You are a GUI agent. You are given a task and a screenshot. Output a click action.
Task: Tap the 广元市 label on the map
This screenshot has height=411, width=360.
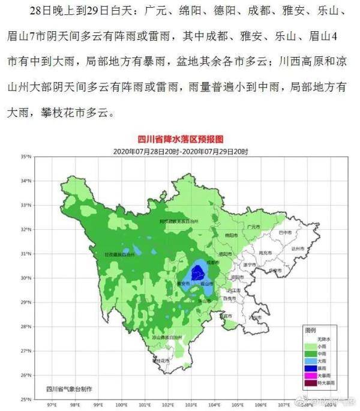click(x=253, y=227)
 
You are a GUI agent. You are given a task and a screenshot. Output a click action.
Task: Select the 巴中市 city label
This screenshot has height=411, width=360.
click(x=284, y=232)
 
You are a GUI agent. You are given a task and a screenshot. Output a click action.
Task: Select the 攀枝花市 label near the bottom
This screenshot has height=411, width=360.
click(x=161, y=361)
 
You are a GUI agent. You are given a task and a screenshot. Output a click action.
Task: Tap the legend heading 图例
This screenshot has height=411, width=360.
click(x=310, y=331)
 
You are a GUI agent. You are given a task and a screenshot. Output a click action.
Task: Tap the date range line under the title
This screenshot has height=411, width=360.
click(x=181, y=151)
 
